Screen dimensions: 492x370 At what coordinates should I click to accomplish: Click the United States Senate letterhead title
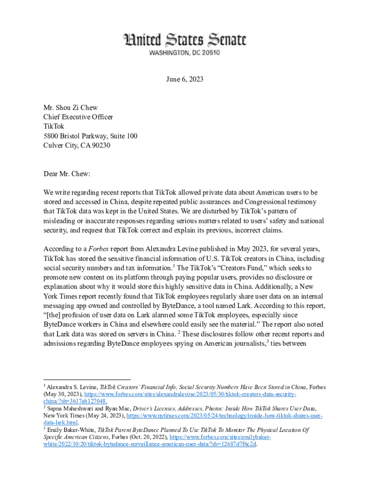pos(185,40)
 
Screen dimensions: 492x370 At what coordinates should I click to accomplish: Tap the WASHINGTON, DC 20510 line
pos(185,52)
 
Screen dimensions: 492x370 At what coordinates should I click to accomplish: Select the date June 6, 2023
pos(185,80)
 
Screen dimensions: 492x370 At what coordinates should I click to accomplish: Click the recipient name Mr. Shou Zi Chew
pos(71,108)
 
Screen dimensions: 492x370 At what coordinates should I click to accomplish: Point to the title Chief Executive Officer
pos(78,117)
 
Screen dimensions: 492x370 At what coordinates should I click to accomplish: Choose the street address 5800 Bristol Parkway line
pos(90,136)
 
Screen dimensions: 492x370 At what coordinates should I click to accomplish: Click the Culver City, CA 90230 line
pos(77,145)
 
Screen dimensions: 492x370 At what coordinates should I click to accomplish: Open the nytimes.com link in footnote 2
pos(223,415)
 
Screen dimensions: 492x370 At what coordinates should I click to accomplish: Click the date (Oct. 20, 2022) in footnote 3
pos(144,437)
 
